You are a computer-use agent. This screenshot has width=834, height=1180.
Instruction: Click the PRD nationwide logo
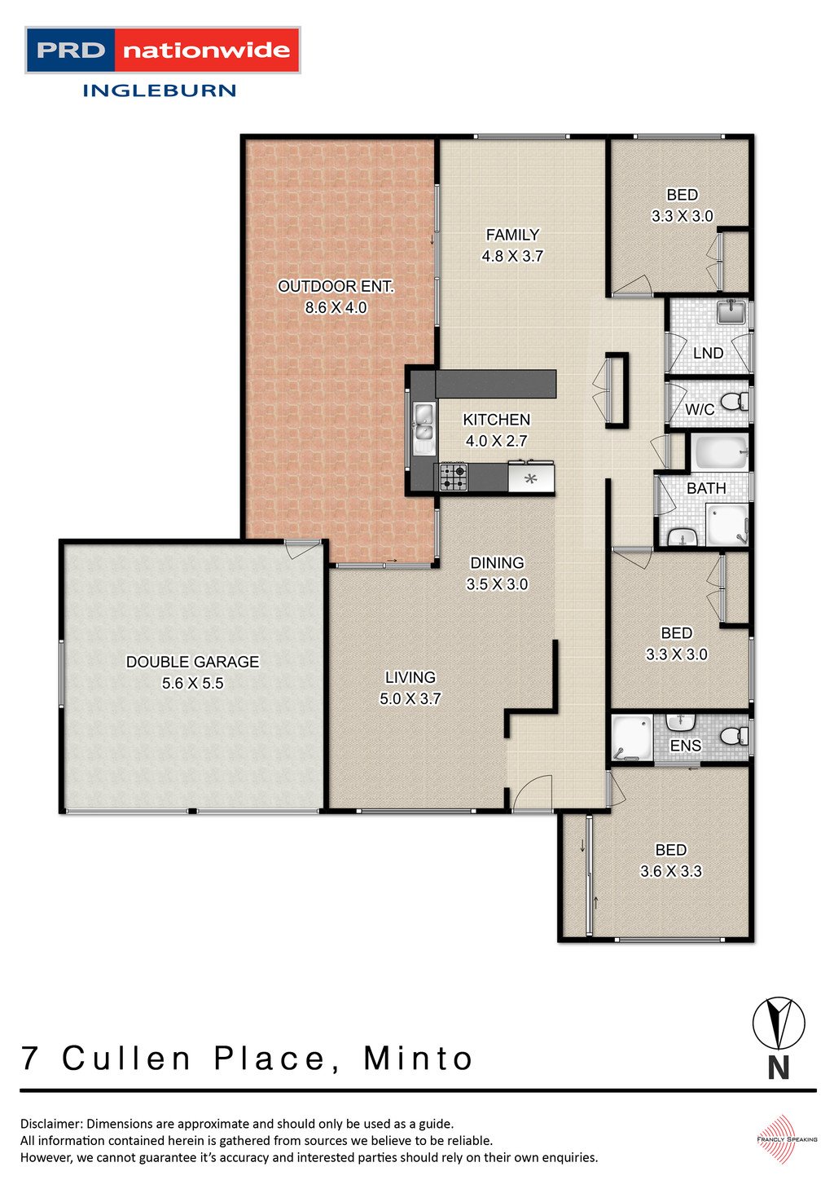[163, 50]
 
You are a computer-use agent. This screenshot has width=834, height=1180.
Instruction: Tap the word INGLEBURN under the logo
[159, 90]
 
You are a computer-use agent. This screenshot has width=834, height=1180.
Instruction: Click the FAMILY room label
[512, 235]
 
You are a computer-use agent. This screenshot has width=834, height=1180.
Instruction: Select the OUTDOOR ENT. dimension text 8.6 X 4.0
[336, 307]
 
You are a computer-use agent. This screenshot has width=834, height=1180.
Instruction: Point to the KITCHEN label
[497, 420]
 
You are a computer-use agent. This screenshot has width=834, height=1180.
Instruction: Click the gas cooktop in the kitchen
[453, 477]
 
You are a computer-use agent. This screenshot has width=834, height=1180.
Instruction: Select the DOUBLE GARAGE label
[193, 662]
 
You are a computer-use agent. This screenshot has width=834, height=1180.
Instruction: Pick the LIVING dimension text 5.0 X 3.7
[410, 698]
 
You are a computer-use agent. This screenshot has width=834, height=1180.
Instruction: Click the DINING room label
[497, 562]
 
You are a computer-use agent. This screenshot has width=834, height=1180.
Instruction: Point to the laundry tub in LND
[732, 311]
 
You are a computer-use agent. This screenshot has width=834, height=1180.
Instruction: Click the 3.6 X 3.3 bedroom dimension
[671, 871]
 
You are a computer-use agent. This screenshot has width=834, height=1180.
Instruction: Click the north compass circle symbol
[779, 1023]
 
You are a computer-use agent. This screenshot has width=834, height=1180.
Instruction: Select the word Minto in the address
[419, 1059]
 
